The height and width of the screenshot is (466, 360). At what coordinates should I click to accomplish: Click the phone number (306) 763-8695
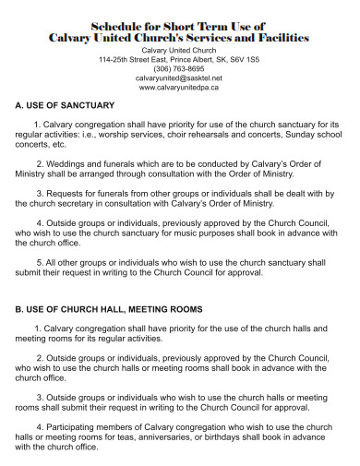click(179, 68)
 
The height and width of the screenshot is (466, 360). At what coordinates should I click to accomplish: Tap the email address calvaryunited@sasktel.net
click(179, 78)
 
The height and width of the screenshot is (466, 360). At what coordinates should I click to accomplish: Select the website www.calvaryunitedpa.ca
click(179, 88)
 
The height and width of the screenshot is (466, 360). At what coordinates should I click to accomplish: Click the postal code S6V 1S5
click(242, 59)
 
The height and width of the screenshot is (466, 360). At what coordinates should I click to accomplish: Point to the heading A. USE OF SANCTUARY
click(64, 106)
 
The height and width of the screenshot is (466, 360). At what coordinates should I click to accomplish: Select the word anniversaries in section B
click(162, 437)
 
